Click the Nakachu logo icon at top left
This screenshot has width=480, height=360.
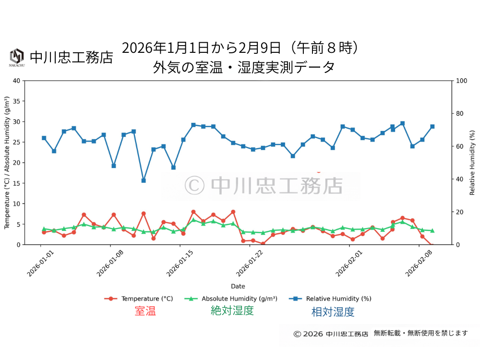pyautogui.click(x=17, y=57)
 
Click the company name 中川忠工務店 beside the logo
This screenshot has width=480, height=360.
pyautogui.click(x=72, y=57)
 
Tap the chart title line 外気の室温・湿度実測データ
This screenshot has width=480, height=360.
pyautogui.click(x=244, y=67)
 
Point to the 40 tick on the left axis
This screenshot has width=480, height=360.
pyautogui.click(x=17, y=81)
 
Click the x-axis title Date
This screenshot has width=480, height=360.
pyautogui.click(x=238, y=286)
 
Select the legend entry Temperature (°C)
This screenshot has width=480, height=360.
pyautogui.click(x=139, y=299)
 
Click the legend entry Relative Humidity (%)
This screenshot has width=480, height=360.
pyautogui.click(x=331, y=299)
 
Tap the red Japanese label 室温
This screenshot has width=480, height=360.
pyautogui.click(x=145, y=311)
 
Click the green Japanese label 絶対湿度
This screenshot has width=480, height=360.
pyautogui.click(x=232, y=311)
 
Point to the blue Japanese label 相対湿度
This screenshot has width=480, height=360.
pyautogui.click(x=333, y=312)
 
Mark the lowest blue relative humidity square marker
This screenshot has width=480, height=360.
pyautogui.click(x=144, y=180)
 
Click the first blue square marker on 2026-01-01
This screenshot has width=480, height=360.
pyautogui.click(x=44, y=138)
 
